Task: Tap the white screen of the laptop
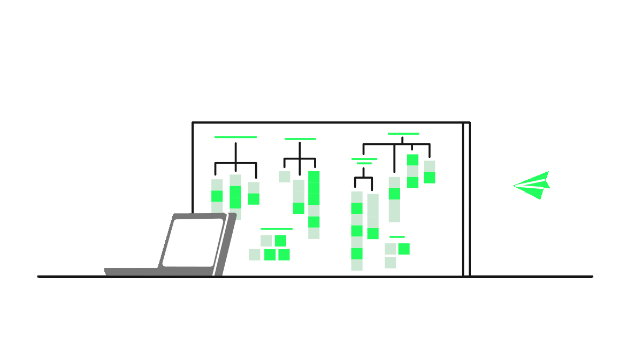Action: tap(193, 242)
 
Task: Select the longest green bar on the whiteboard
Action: tap(235, 137)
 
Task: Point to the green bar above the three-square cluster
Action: tap(397, 237)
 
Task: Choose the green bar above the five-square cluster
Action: tap(276, 229)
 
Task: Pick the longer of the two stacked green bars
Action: tap(364, 159)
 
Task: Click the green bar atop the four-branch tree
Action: tap(403, 134)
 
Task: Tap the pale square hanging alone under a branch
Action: tap(284, 176)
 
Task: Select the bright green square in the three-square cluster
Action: tap(404, 249)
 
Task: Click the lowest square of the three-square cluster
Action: tap(390, 263)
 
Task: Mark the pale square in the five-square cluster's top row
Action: tap(266, 241)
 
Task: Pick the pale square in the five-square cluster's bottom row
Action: tap(255, 255)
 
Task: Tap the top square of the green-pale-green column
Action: tap(412, 160)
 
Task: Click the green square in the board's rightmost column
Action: tap(429, 178)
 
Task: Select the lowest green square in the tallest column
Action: tap(357, 254)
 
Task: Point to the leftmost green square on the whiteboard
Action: tap(217, 196)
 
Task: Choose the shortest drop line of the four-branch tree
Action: tap(412, 148)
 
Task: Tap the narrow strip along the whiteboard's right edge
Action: tap(467, 199)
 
